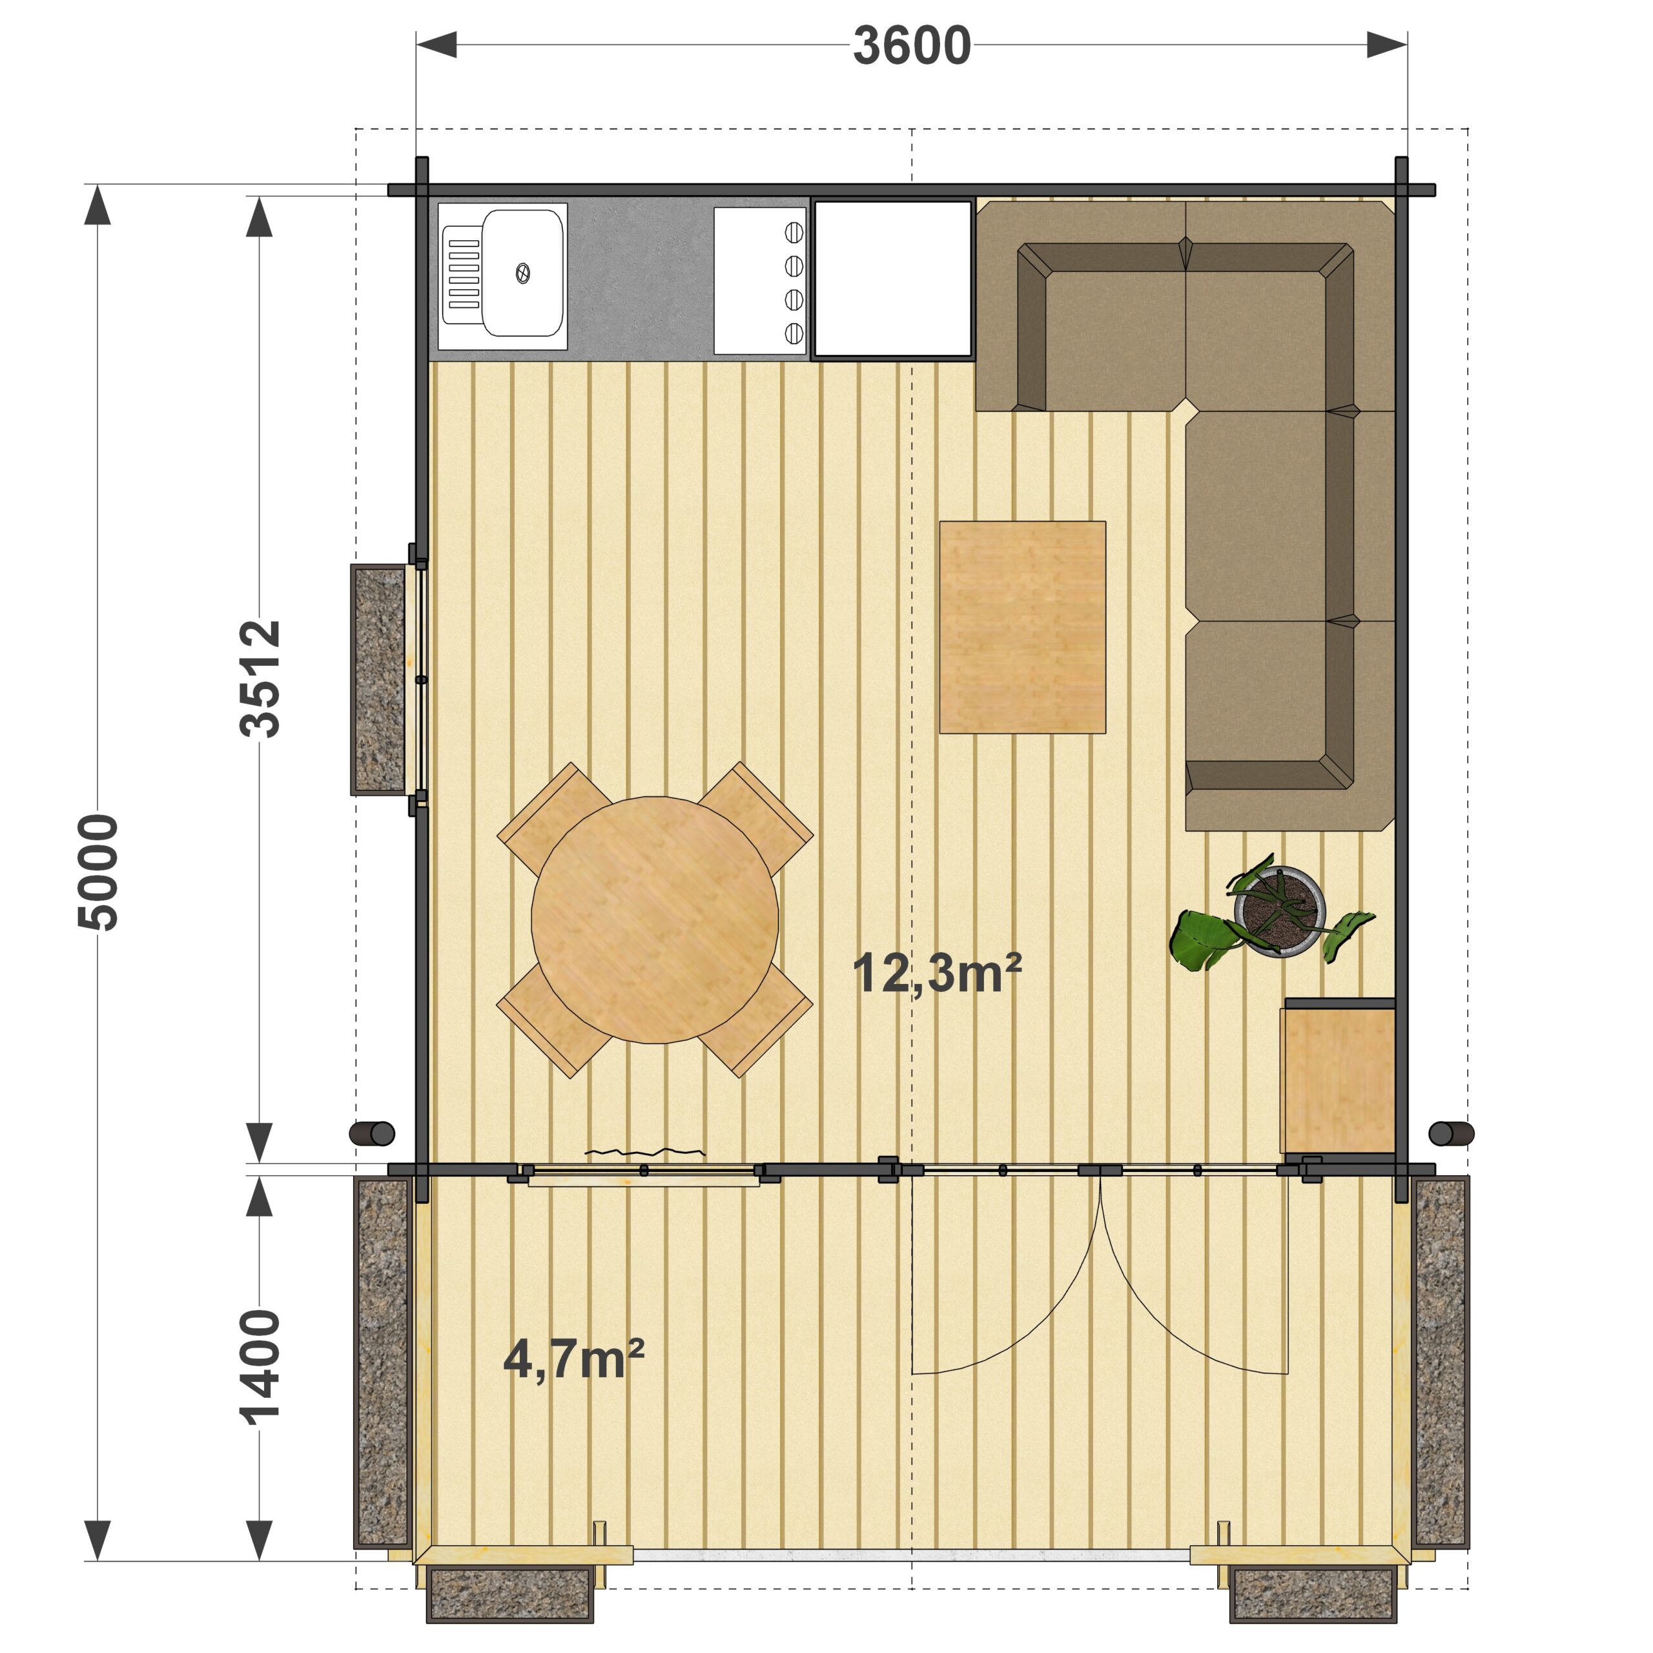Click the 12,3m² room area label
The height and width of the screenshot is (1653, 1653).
click(937, 974)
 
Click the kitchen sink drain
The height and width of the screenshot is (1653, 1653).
click(522, 274)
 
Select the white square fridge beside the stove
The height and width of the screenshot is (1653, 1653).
click(892, 279)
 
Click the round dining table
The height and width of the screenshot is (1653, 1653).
click(655, 919)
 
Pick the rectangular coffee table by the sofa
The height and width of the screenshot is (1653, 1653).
click(1022, 627)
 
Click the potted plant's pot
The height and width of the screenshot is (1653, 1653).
click(1278, 911)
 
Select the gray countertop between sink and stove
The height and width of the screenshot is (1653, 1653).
click(640, 279)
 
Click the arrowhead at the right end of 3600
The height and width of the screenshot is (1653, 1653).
click(1387, 45)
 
